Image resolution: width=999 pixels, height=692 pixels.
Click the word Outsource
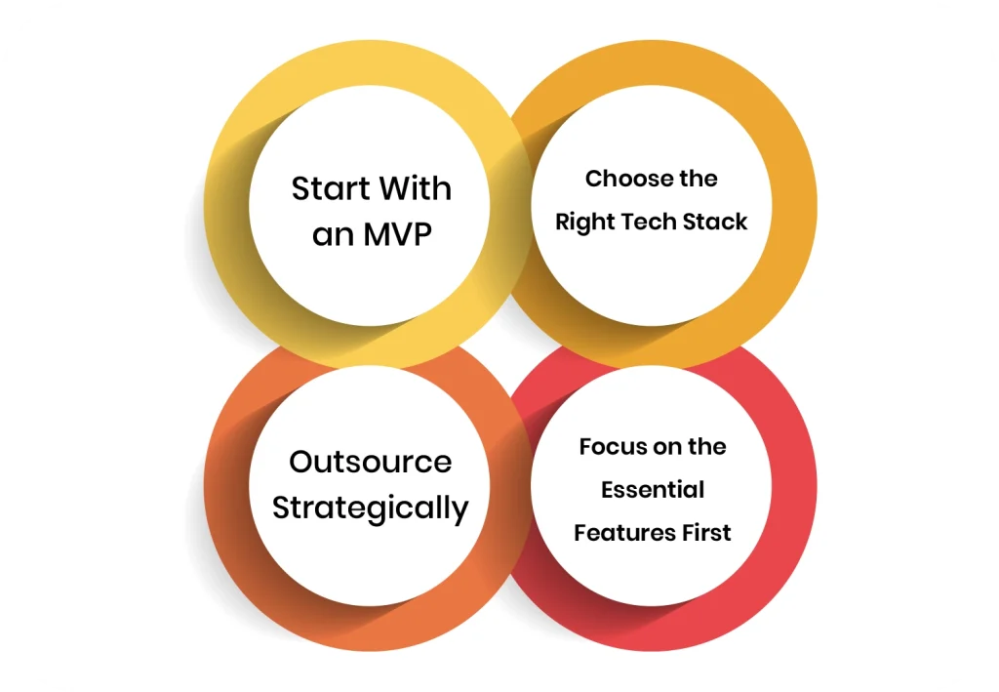coord(371,461)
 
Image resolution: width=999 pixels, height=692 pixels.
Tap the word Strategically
coord(371,509)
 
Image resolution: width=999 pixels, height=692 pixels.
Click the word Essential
coord(652,490)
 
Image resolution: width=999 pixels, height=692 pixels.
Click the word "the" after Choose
coord(699,180)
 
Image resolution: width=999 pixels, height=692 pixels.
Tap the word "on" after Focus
coord(669,447)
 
